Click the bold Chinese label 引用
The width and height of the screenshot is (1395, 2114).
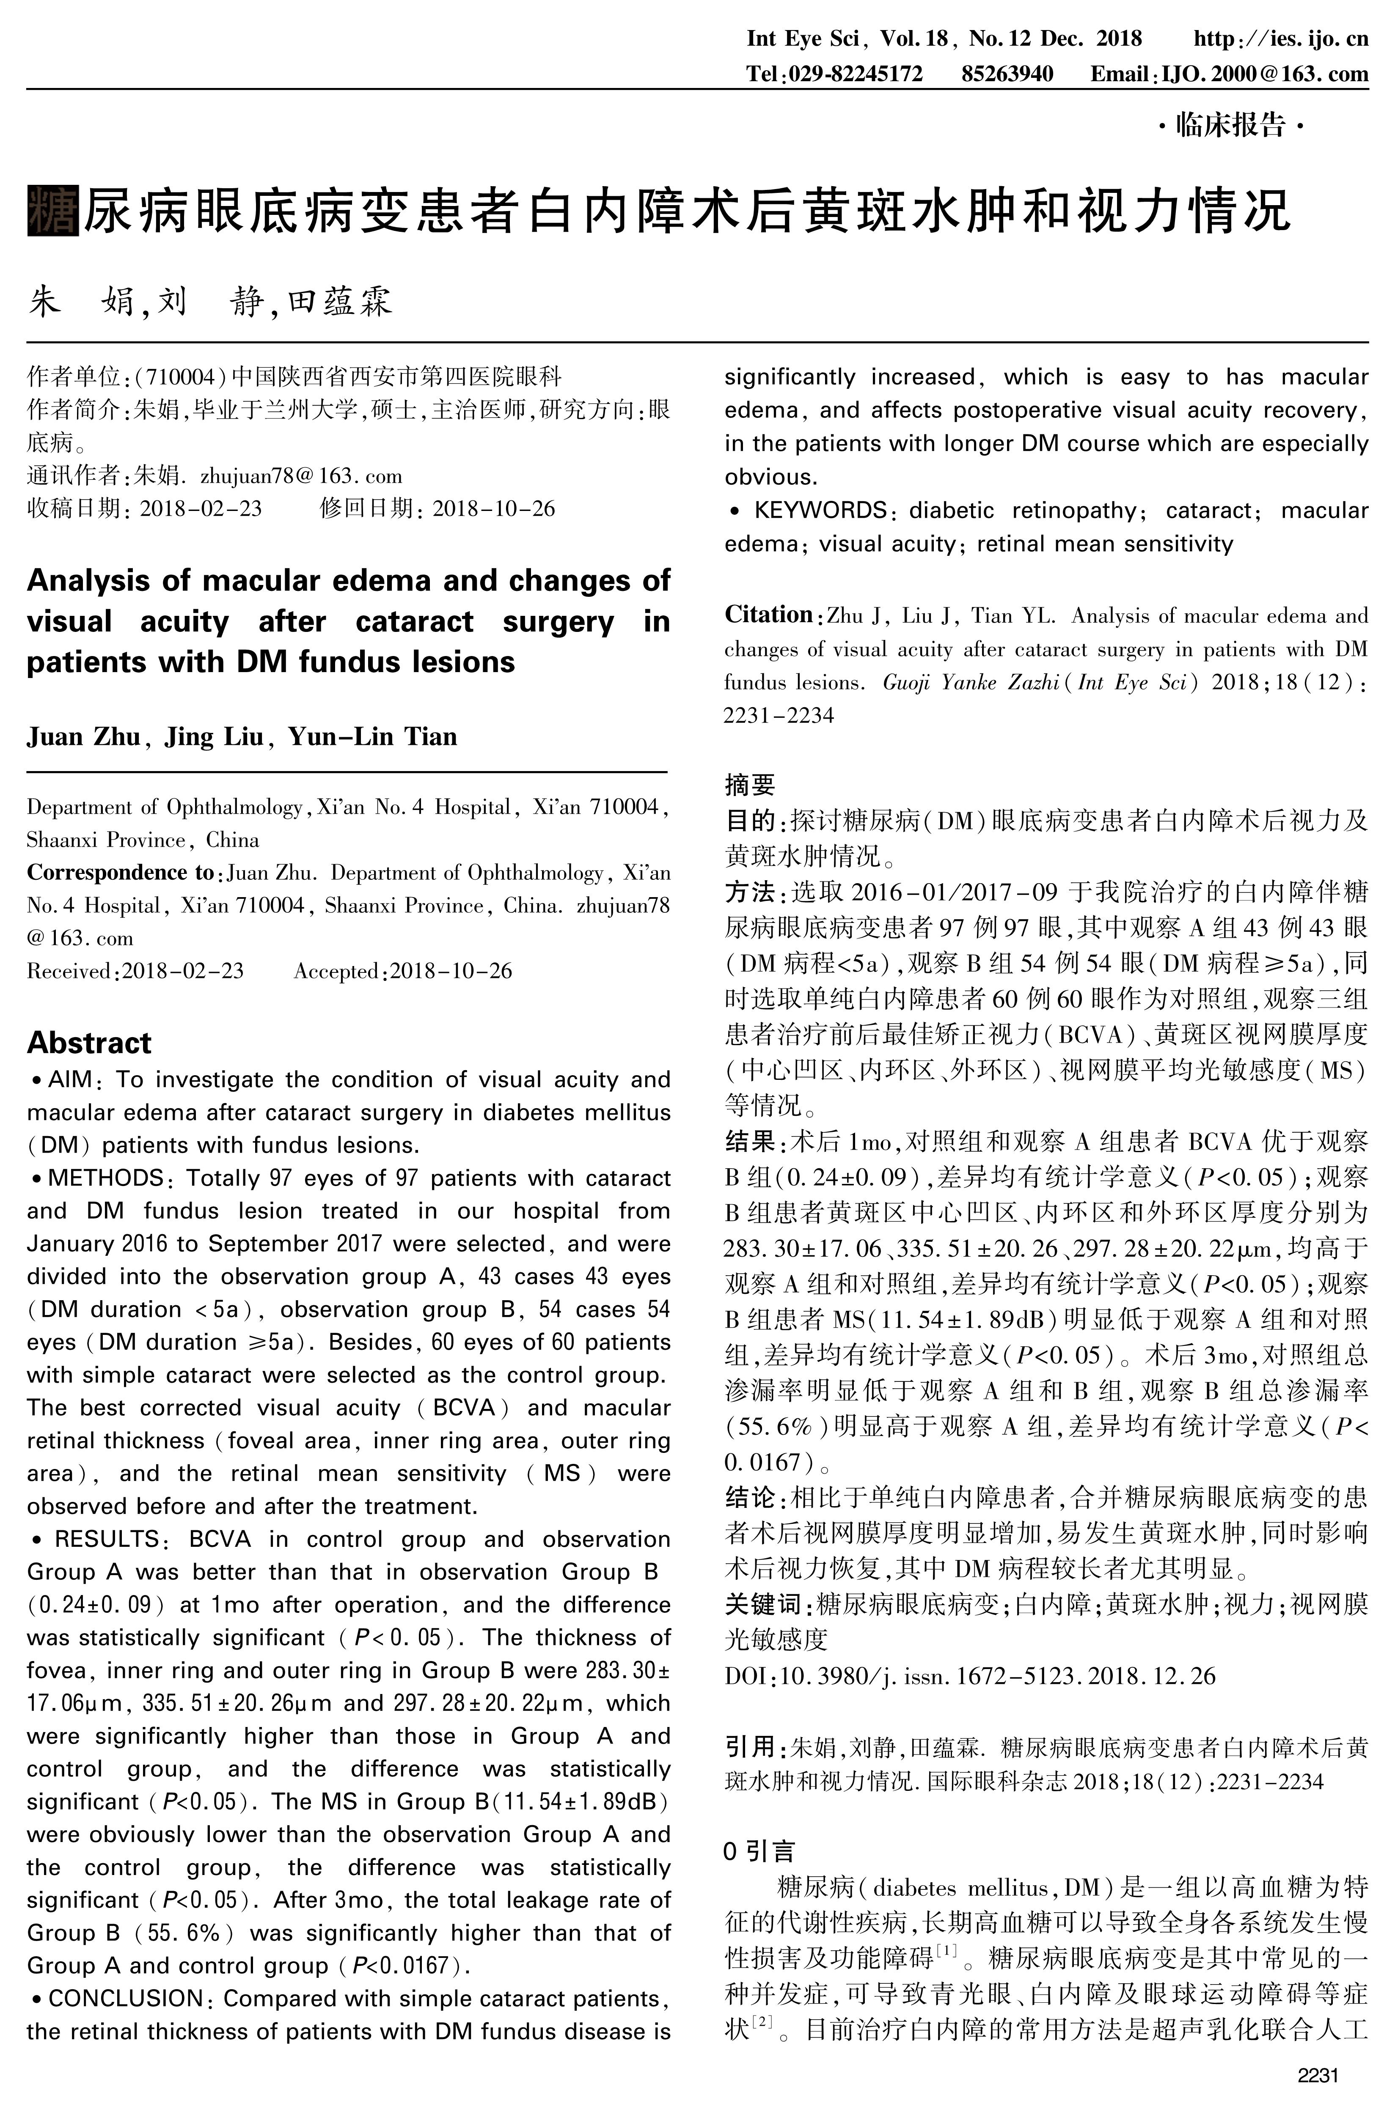(x=750, y=1747)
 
